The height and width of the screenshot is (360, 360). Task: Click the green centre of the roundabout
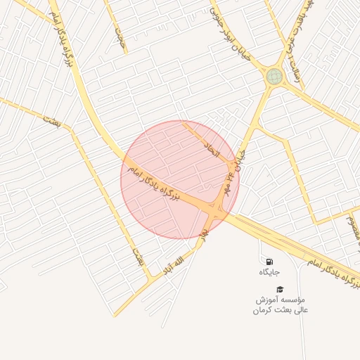pyautogui.click(x=274, y=76)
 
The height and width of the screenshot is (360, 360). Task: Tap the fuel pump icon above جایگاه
pyautogui.click(x=269, y=262)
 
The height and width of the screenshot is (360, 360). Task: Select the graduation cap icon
pyautogui.click(x=280, y=289)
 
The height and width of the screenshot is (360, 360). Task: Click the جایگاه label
pyautogui.click(x=269, y=272)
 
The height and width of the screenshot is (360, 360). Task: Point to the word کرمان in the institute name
pyautogui.click(x=262, y=310)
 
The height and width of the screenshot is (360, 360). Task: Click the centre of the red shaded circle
pyautogui.click(x=180, y=180)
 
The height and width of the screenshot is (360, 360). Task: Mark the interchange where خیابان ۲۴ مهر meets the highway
pyautogui.click(x=220, y=207)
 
